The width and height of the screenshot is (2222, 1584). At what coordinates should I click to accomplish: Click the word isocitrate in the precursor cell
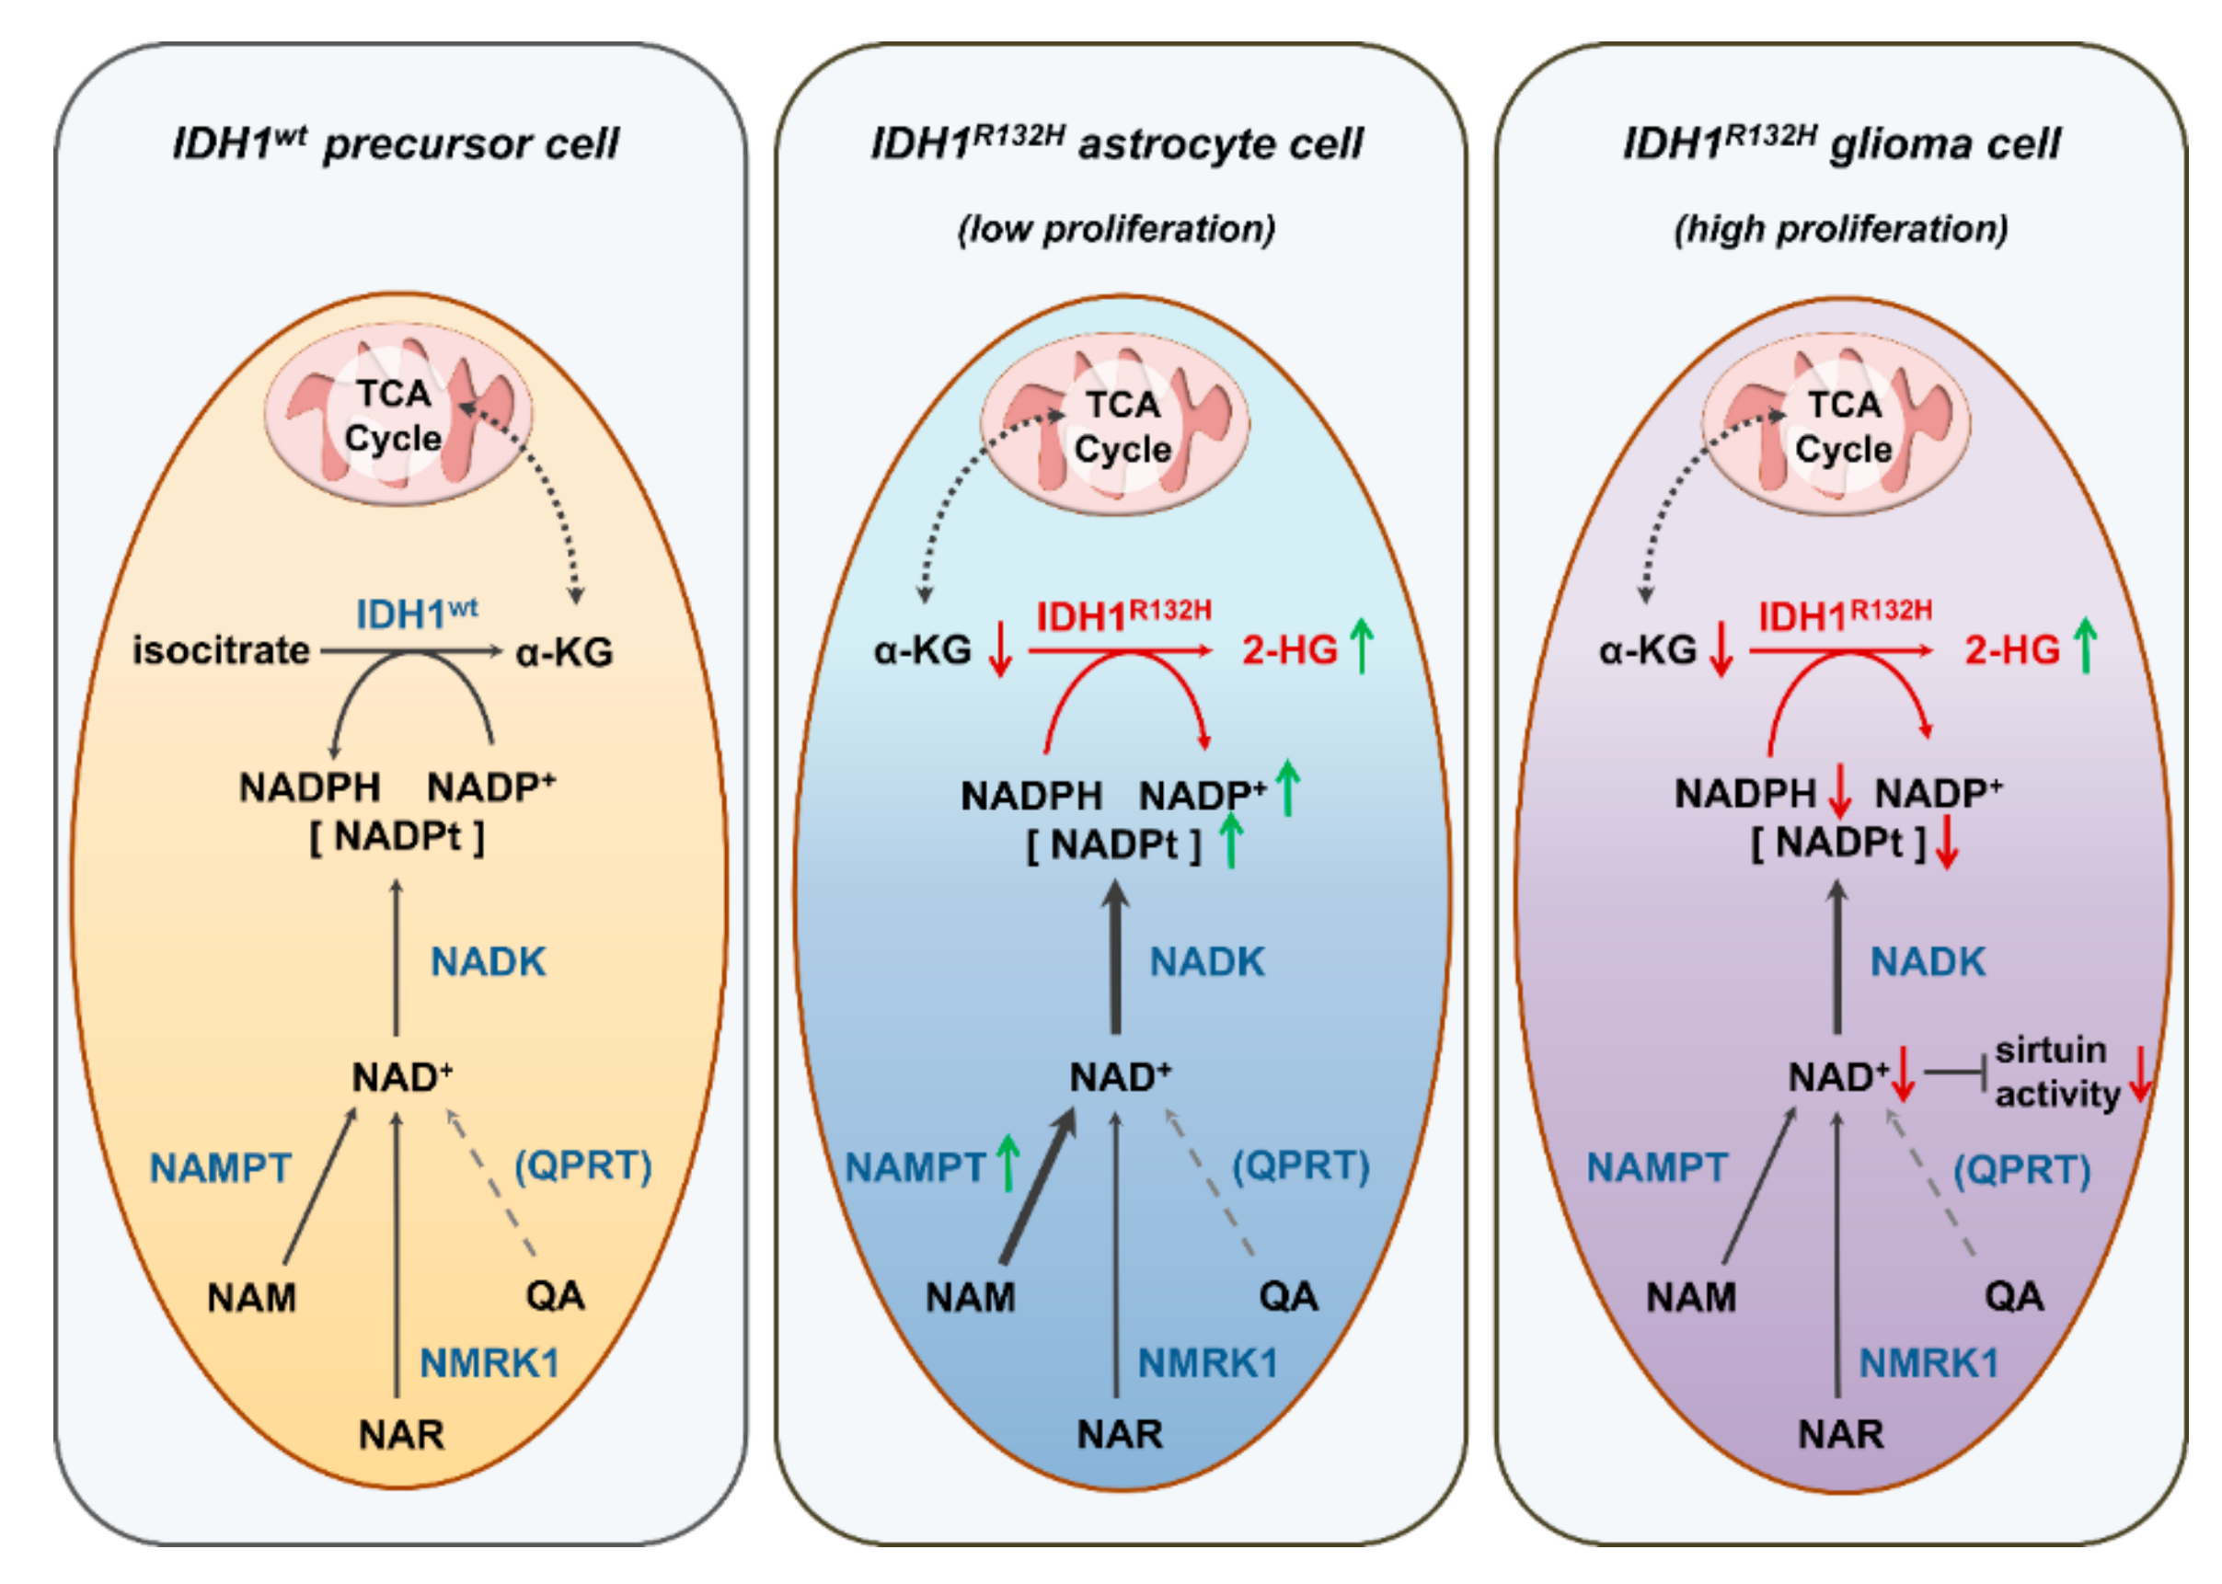pyautogui.click(x=221, y=650)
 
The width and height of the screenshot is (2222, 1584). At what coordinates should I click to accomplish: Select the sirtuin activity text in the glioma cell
pyautogui.click(x=2055, y=1072)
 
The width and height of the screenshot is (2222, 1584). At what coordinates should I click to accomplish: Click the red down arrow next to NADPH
pyautogui.click(x=1838, y=791)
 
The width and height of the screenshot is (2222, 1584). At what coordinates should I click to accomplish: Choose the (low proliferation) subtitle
pyautogui.click(x=1116, y=229)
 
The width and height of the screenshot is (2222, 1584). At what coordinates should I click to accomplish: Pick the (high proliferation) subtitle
pyautogui.click(x=1840, y=229)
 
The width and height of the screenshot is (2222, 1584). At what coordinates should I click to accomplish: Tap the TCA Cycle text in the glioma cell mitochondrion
pyautogui.click(x=1843, y=427)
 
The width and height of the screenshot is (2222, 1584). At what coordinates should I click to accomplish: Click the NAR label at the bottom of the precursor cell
pyautogui.click(x=401, y=1435)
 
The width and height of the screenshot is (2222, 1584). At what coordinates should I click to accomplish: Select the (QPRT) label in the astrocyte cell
pyautogui.click(x=1300, y=1165)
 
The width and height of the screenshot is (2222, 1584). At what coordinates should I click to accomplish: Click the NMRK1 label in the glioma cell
pyautogui.click(x=1928, y=1362)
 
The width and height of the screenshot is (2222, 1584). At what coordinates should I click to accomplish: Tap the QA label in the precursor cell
pyautogui.click(x=555, y=1296)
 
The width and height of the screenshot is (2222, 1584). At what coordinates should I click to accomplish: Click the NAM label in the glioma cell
pyautogui.click(x=1690, y=1298)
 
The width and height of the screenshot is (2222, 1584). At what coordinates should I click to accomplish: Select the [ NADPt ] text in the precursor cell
pyautogui.click(x=396, y=837)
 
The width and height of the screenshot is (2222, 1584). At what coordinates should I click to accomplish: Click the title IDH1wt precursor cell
pyautogui.click(x=395, y=144)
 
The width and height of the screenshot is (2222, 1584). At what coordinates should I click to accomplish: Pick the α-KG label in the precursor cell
pyautogui.click(x=564, y=651)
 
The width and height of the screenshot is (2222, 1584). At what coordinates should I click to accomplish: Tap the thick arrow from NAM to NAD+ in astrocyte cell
pyautogui.click(x=1037, y=1190)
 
